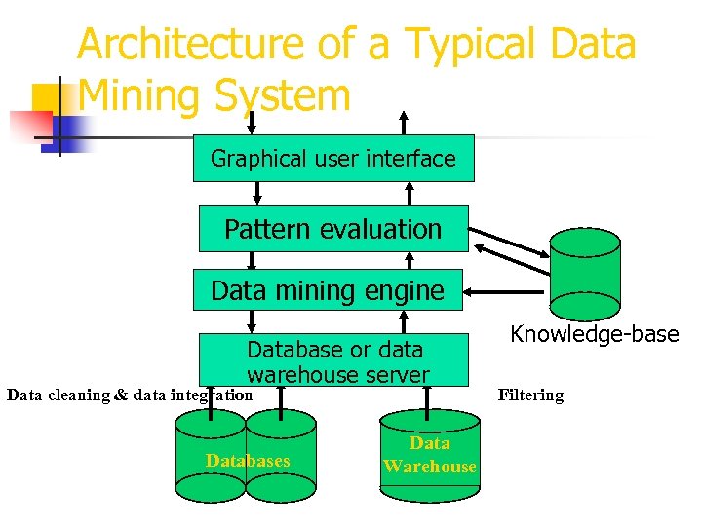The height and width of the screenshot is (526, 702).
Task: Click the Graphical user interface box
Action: [x=333, y=159]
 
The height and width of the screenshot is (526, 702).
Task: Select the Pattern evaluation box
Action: [x=333, y=229]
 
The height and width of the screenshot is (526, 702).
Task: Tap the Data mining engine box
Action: [x=328, y=290]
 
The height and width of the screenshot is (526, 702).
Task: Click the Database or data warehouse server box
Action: [x=335, y=360]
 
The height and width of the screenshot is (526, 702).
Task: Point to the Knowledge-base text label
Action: [x=594, y=334]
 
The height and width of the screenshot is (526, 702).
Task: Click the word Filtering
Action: [x=530, y=394]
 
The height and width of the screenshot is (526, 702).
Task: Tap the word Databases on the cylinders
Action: [x=248, y=460]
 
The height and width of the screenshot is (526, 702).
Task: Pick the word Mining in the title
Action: [x=136, y=95]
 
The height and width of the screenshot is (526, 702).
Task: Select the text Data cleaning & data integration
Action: [x=129, y=394]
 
